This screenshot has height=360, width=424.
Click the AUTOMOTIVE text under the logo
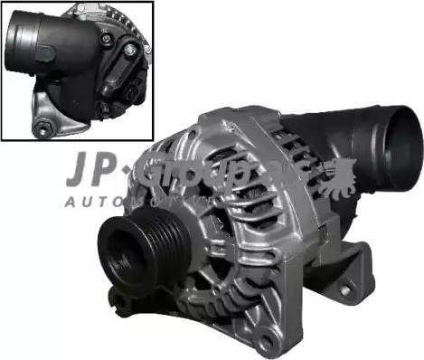pyautogui.click(x=118, y=200)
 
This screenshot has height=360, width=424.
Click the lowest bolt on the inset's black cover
pyautogui.click(x=105, y=109)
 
